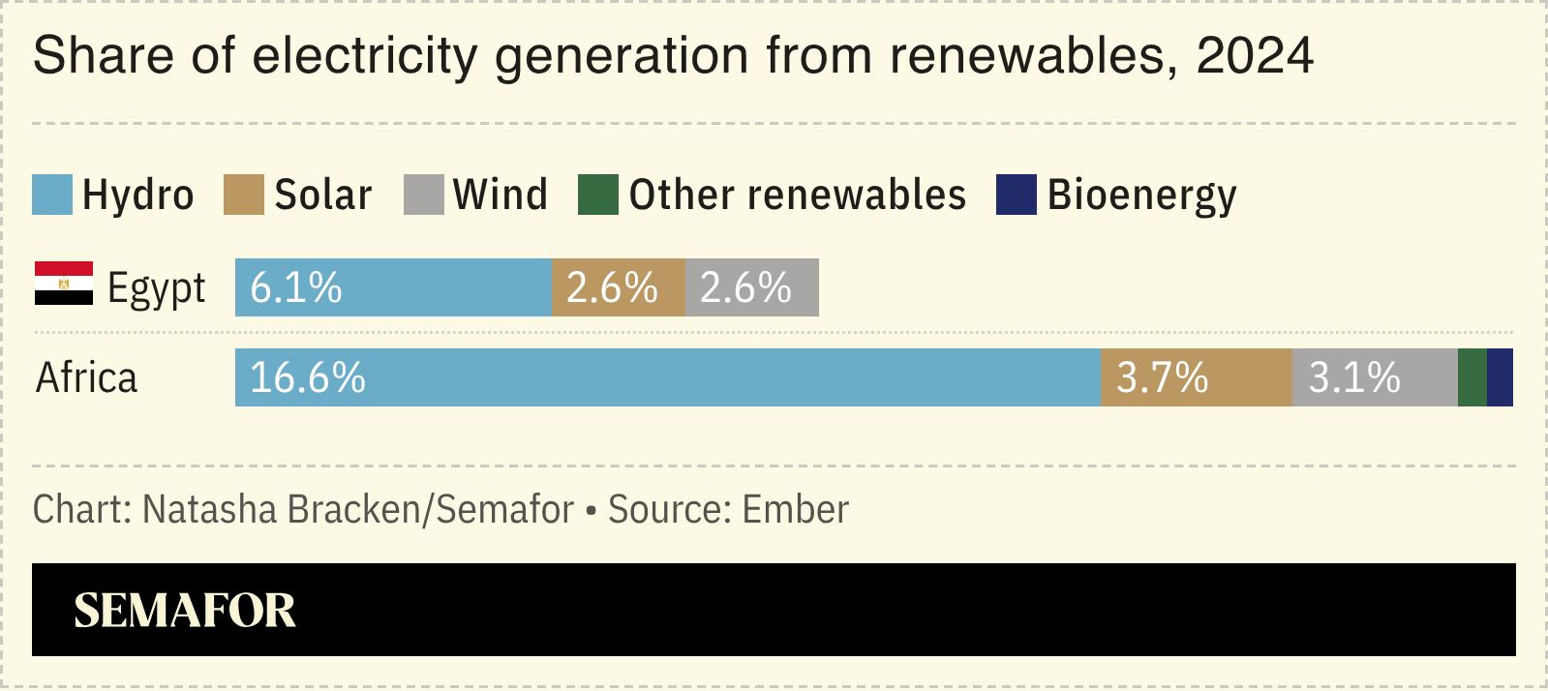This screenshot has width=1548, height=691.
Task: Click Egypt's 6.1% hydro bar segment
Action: coord(393,287)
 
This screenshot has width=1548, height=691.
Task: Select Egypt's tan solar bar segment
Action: coord(618,287)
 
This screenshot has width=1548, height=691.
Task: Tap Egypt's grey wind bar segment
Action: coord(751,287)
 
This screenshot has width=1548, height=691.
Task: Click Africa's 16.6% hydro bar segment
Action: coord(668,377)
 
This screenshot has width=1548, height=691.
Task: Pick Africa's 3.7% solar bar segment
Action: coord(1196,377)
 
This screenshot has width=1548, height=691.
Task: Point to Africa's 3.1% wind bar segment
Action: coord(1375,377)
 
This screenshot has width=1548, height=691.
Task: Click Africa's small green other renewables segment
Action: coord(1472,377)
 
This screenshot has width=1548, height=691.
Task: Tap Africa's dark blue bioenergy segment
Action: coord(1500,377)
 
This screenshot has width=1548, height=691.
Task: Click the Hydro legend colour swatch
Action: coord(52,195)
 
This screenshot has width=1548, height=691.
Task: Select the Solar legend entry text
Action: coord(322,195)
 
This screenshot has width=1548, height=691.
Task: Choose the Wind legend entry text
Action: coord(500,195)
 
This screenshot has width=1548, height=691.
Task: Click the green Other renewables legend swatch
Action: coord(597,195)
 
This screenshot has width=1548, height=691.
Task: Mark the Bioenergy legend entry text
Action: coord(1141,195)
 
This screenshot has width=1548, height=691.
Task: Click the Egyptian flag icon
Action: coord(64,284)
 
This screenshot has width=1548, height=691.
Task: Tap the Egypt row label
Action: coord(156,288)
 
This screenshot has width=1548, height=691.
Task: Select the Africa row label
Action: coord(86,377)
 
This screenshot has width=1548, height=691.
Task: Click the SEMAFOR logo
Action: coord(185,610)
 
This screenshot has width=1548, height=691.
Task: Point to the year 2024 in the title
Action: coord(1255,55)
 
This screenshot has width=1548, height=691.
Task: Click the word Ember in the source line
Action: coord(796,509)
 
